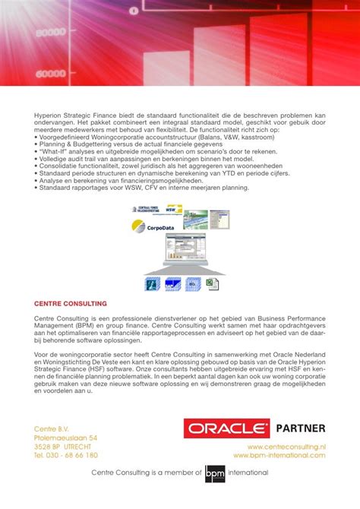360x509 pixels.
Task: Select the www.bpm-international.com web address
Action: tap(279, 456)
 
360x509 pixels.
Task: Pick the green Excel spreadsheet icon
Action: tap(215, 285)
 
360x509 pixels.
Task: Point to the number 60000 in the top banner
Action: tap(50, 74)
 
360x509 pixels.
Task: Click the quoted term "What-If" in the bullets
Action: tap(53, 151)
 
